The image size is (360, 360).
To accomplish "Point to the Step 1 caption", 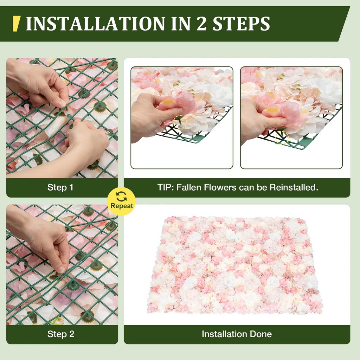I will (60, 187).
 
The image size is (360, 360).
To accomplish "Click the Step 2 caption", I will (61, 334).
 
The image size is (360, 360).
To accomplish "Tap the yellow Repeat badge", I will (121, 201).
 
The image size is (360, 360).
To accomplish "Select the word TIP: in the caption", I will (165, 187).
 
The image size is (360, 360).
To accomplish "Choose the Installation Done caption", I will (237, 334).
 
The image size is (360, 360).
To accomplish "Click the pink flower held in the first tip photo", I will (178, 105).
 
